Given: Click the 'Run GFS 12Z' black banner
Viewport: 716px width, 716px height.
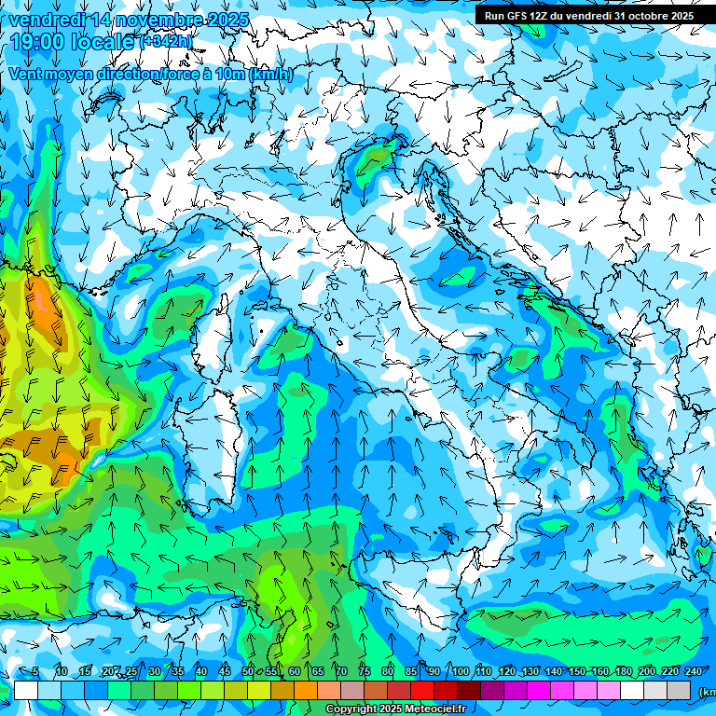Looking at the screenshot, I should coord(588,16).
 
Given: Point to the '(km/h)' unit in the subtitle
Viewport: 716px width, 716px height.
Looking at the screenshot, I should coord(271,74).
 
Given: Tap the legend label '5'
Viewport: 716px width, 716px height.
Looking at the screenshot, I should coord(35,671).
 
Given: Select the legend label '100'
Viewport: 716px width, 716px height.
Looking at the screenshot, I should coord(460,671).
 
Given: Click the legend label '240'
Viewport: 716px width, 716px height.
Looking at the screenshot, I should coord(693,671).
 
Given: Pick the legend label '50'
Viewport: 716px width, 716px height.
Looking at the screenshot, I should coord(248,671).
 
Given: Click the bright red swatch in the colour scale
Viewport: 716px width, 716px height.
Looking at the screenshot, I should coord(422,690).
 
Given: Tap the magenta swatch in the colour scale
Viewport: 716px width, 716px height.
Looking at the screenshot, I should coord(539,690).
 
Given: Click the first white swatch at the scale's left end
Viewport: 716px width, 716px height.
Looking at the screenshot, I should coord(26,690).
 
